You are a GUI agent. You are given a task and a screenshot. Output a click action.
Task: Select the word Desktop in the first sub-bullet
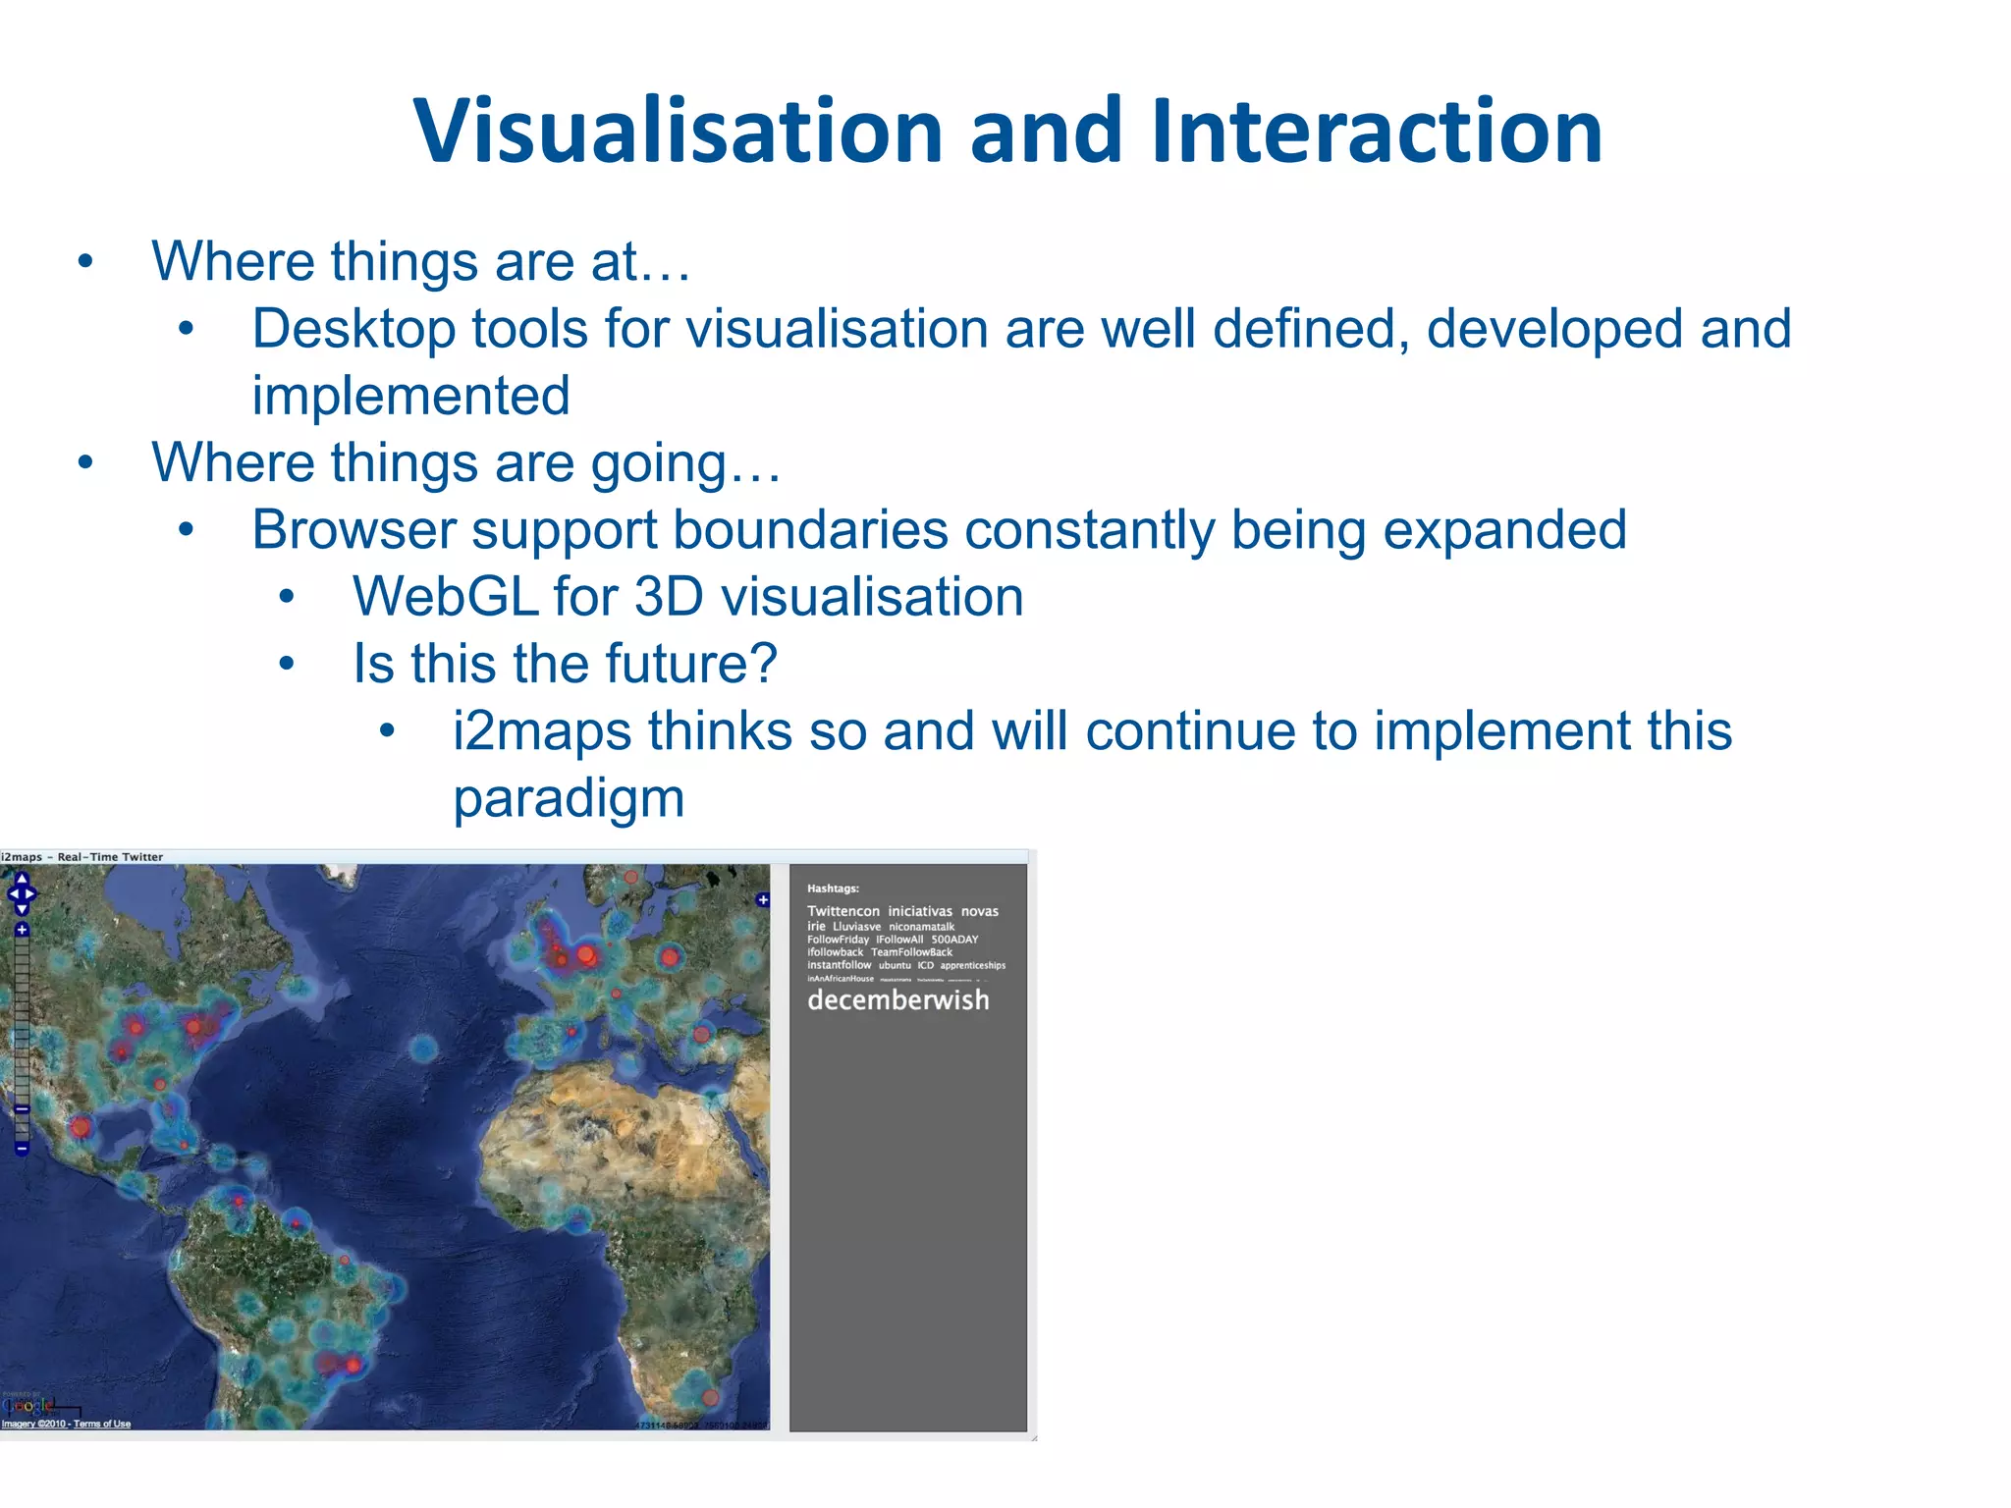[353, 329]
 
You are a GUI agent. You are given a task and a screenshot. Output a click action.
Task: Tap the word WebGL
[445, 597]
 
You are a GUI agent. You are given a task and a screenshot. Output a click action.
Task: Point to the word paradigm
[569, 798]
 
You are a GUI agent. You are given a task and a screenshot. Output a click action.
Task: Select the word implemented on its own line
[410, 396]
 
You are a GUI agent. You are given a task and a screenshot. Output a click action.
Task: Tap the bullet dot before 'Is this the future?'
[286, 665]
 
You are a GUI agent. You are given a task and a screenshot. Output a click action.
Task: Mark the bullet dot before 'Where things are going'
[85, 462]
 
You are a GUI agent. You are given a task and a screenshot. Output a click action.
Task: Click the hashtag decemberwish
[897, 1000]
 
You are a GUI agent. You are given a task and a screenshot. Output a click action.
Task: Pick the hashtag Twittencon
[842, 911]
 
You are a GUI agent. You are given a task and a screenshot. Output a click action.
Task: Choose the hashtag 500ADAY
[954, 940]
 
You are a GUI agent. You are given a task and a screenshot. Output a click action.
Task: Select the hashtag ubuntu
[894, 965]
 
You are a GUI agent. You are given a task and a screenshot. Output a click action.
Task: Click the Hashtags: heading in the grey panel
[833, 889]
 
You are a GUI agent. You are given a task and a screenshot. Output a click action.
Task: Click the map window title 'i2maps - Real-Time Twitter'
[82, 856]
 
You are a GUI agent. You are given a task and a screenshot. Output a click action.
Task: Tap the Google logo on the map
[27, 1406]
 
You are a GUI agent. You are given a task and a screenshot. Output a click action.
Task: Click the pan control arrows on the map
[22, 893]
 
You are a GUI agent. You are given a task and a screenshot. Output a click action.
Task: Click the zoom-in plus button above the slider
[22, 929]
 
